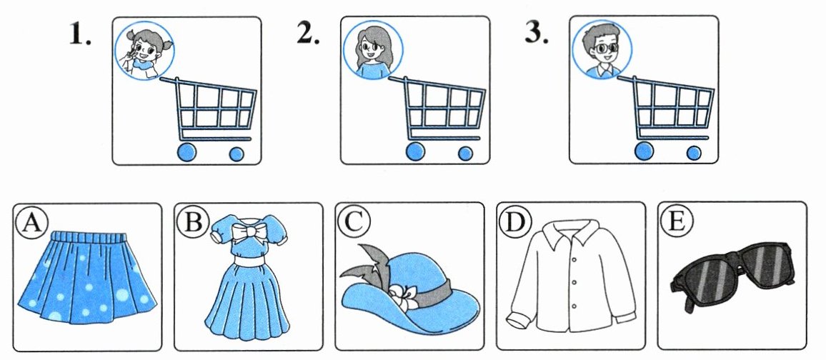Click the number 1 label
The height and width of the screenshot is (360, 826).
[80, 34]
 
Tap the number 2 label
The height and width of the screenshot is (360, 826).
[308, 34]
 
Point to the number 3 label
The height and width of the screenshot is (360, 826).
[537, 34]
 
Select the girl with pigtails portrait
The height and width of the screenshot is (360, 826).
[144, 51]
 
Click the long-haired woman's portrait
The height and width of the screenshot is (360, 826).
[373, 51]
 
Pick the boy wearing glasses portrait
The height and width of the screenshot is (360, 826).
[602, 49]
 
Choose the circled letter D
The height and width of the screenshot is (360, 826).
[515, 224]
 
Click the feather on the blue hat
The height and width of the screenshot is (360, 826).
[366, 266]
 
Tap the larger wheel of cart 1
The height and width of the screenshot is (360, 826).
[186, 152]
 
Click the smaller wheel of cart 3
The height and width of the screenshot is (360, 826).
[695, 153]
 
